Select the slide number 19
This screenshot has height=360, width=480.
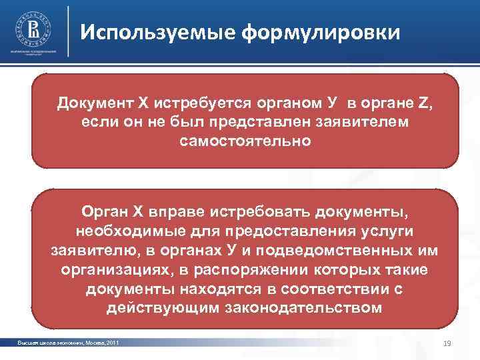click(x=447, y=343)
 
